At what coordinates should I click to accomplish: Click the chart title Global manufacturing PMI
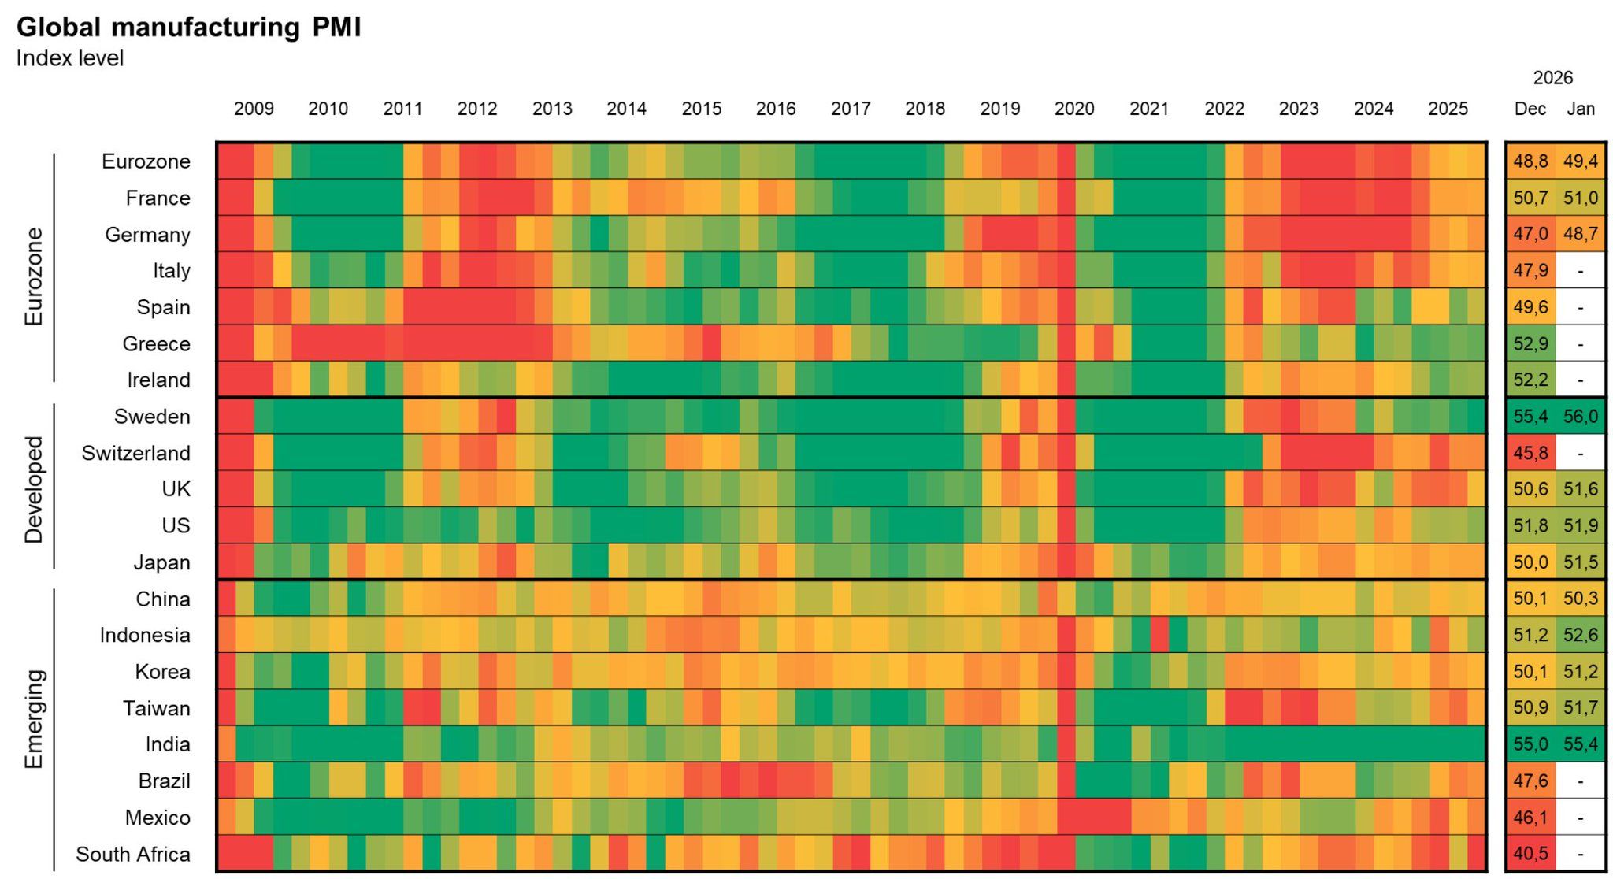(x=188, y=28)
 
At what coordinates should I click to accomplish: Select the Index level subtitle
(x=70, y=59)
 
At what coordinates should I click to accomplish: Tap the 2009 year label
(x=254, y=109)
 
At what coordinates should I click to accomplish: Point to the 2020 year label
(x=1074, y=109)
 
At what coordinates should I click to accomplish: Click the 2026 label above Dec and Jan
(x=1552, y=78)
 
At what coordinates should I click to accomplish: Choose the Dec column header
(x=1530, y=109)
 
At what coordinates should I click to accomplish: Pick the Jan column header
(x=1581, y=109)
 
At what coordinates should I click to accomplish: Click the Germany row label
(x=147, y=235)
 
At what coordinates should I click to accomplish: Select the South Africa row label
(x=132, y=855)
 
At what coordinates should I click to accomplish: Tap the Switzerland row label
(x=135, y=454)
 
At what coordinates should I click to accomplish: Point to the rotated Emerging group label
(x=34, y=718)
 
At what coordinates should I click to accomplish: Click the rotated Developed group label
(x=34, y=490)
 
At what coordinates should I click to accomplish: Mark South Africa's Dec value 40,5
(x=1530, y=855)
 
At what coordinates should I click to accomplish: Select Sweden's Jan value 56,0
(x=1581, y=417)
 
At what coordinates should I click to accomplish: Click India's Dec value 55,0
(x=1530, y=745)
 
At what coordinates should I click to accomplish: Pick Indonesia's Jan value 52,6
(x=1581, y=636)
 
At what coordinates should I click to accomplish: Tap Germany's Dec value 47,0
(x=1530, y=235)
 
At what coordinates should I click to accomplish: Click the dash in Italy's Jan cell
(x=1581, y=271)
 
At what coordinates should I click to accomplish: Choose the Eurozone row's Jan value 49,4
(x=1581, y=161)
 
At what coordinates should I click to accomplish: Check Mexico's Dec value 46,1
(x=1530, y=818)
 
